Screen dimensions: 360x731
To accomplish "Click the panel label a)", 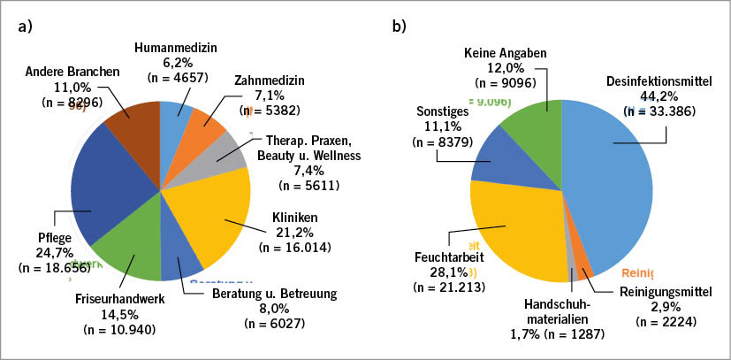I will (25, 26).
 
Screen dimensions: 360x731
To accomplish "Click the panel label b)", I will (399, 26).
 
